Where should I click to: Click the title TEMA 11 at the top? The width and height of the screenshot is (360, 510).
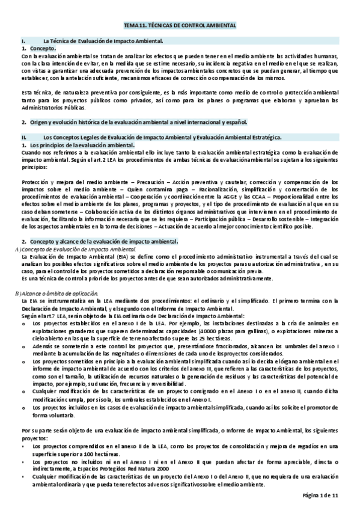pos(180,26)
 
